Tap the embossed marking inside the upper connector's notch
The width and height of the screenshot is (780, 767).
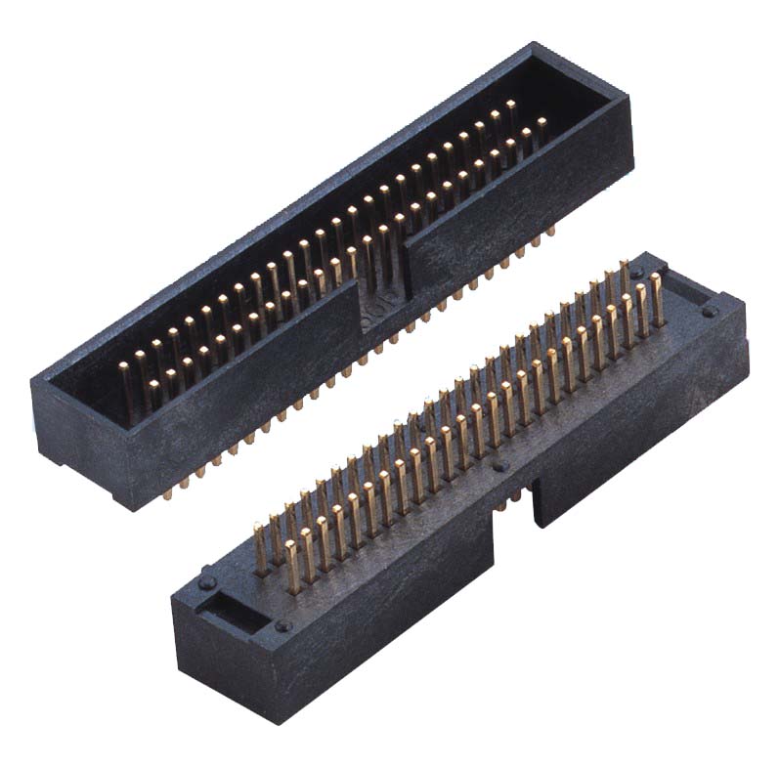coord(384,314)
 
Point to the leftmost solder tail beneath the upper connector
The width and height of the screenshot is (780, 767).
coord(167,494)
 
